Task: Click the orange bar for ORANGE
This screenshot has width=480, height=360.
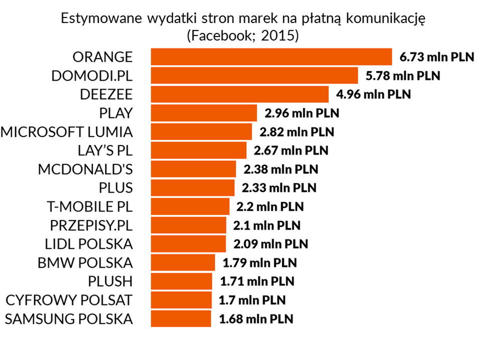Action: click(271, 57)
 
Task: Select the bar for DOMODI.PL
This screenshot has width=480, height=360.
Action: click(254, 76)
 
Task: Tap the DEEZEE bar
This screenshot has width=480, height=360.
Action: click(240, 94)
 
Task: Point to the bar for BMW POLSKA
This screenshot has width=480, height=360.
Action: click(183, 262)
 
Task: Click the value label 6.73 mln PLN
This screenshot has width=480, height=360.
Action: click(436, 57)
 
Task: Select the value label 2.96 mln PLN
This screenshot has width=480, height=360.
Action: click(302, 113)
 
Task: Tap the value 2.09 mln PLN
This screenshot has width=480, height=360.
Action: click(271, 244)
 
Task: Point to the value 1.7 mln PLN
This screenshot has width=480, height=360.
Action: click(252, 300)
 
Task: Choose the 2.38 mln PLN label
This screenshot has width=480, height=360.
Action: click(281, 169)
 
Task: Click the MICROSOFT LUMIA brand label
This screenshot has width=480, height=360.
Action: click(67, 132)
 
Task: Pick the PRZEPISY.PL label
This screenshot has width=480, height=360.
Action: click(92, 225)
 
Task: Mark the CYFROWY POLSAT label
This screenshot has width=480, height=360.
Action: click(69, 300)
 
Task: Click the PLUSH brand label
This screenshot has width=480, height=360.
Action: click(109, 281)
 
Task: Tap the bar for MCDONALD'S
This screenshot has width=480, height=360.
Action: click(193, 169)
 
